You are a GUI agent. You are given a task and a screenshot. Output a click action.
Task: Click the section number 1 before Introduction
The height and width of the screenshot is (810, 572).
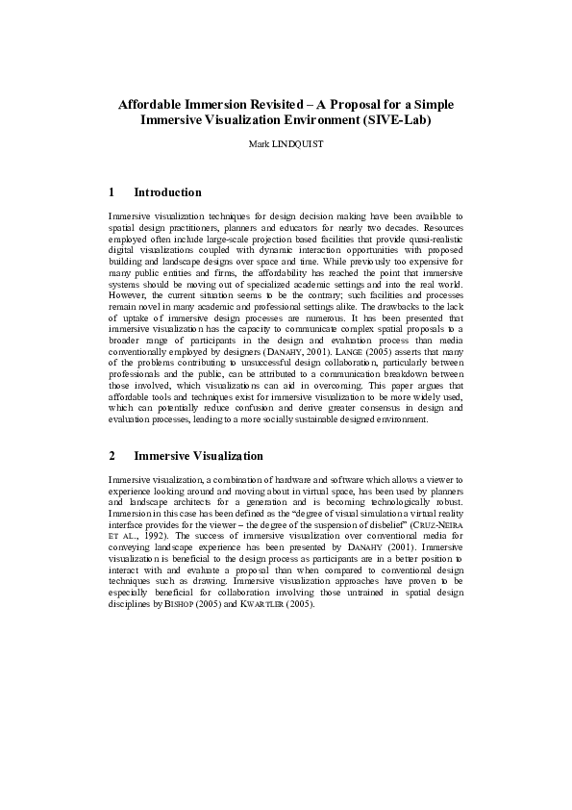pyautogui.click(x=112, y=192)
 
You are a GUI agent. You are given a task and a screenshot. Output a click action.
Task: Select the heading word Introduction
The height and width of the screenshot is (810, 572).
pyautogui.click(x=168, y=192)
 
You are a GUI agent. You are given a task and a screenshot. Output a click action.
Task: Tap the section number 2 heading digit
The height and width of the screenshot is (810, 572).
pyautogui.click(x=112, y=455)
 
